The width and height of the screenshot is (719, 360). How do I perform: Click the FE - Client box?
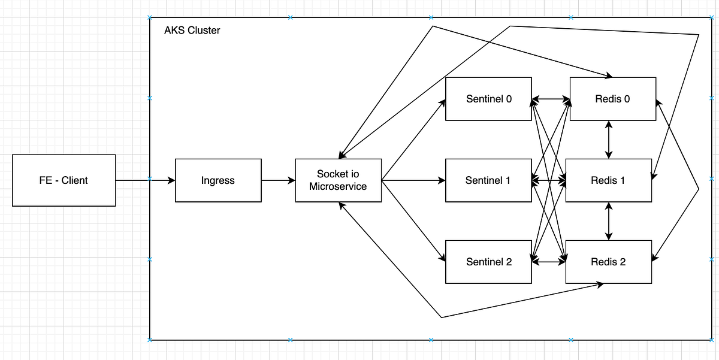[64, 180]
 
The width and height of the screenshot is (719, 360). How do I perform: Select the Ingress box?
[218, 180]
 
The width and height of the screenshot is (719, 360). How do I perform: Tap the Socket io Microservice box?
[338, 180]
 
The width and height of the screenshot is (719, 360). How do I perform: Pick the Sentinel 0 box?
[489, 99]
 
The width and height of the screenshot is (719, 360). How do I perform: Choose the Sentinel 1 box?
[489, 180]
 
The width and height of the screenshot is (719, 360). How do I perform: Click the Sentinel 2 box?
[489, 262]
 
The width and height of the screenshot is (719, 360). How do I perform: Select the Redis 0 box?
[612, 99]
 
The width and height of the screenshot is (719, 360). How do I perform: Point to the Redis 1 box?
[608, 180]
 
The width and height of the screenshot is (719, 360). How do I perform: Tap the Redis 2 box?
[608, 262]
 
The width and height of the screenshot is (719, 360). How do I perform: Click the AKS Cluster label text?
[192, 30]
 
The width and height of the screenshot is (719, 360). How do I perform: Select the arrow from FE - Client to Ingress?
[144, 180]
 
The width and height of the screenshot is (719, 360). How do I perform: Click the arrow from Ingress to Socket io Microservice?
[278, 180]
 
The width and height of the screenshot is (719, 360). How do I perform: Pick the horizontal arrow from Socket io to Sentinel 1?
[413, 180]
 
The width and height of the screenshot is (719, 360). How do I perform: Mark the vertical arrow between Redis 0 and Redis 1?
[609, 140]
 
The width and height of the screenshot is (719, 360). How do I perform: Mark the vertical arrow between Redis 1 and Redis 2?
[609, 220]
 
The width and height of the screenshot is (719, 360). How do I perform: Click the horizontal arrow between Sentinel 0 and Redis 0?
[551, 99]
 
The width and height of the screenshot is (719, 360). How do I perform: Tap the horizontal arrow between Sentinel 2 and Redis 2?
[549, 261]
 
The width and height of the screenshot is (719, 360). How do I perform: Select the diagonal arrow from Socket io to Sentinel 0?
[413, 140]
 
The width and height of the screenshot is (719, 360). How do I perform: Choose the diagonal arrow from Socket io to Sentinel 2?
[413, 220]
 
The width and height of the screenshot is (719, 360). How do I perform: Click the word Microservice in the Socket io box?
[338, 186]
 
